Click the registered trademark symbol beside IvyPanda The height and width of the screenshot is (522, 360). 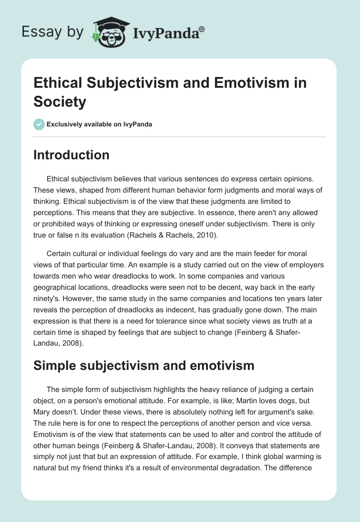[x=202, y=30]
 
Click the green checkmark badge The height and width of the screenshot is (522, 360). [x=39, y=124]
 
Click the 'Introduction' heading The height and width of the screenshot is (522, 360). [x=71, y=155]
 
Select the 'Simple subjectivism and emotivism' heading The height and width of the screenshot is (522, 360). [x=144, y=365]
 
